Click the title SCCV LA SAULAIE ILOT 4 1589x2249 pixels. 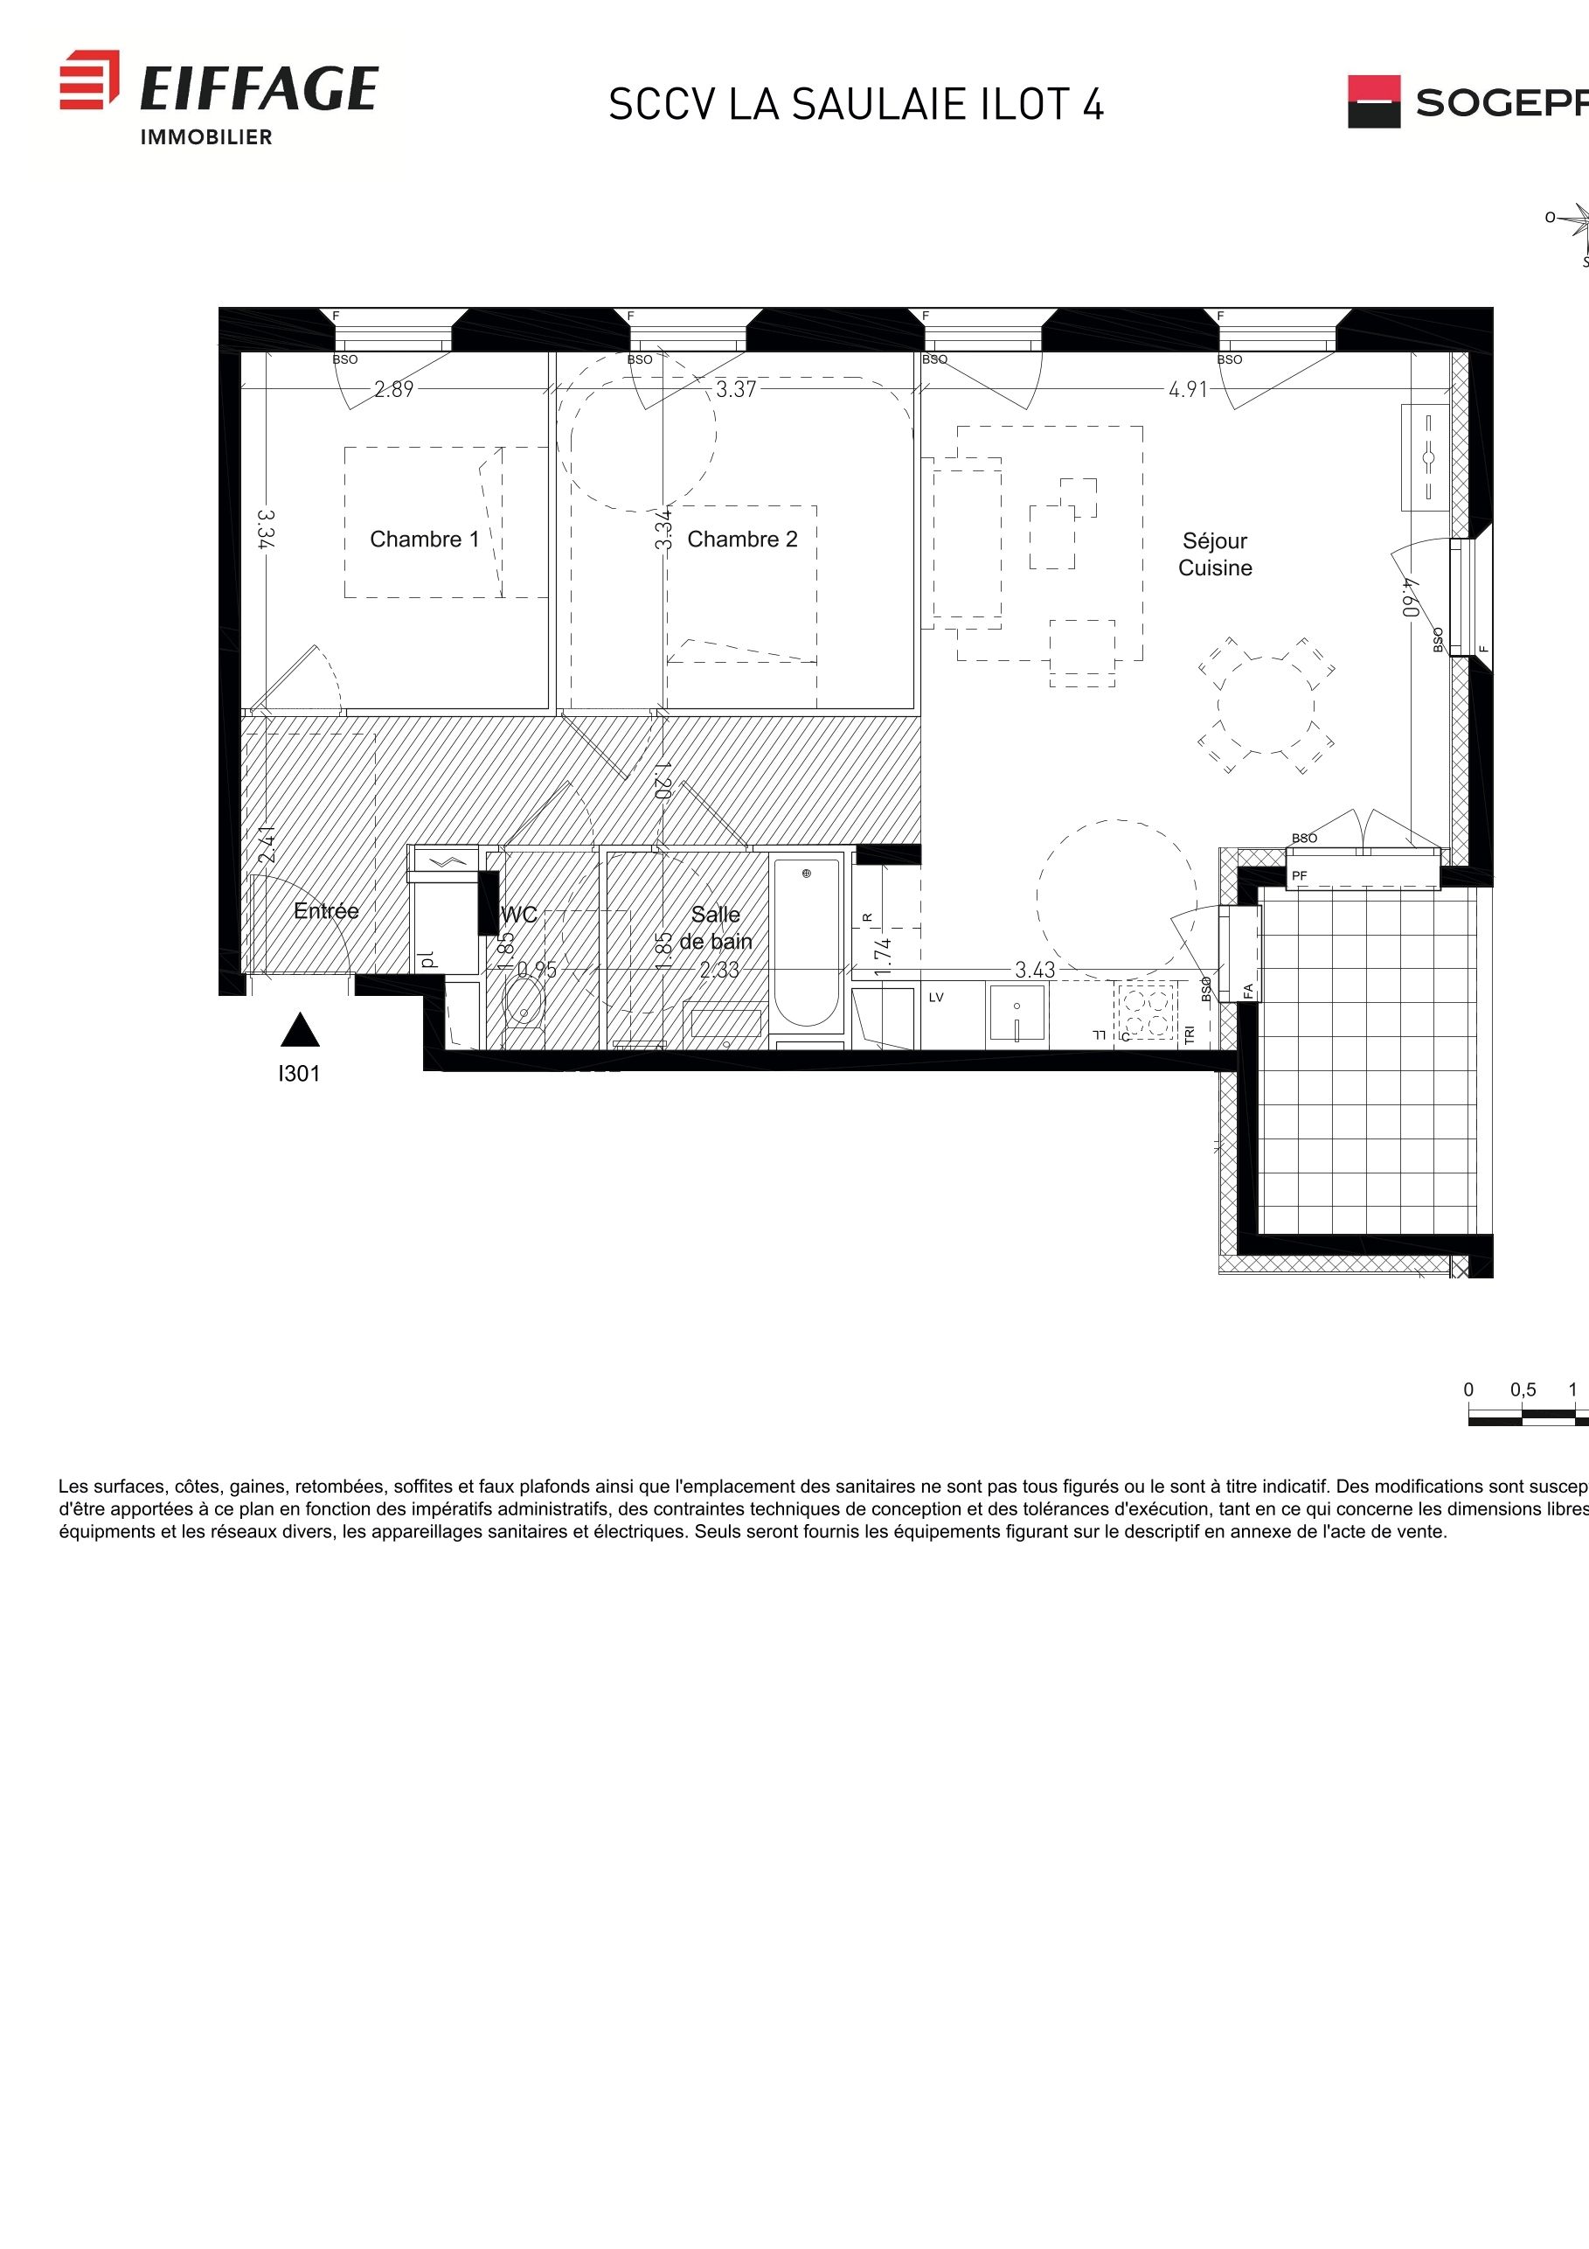point(856,105)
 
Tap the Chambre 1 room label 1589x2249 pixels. point(424,539)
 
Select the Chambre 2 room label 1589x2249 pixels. point(742,539)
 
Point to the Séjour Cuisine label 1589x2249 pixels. point(1214,554)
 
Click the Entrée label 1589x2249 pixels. point(326,911)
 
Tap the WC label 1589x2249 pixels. point(519,915)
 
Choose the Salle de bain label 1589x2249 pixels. point(716,928)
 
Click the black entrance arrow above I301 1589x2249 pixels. point(300,1030)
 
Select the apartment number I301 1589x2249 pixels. point(299,1074)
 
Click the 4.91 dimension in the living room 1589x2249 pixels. point(1188,389)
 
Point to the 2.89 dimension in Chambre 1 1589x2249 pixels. point(393,389)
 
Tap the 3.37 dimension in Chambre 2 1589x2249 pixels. point(735,389)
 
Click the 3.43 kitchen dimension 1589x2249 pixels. point(1034,970)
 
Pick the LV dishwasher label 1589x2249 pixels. point(936,997)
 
